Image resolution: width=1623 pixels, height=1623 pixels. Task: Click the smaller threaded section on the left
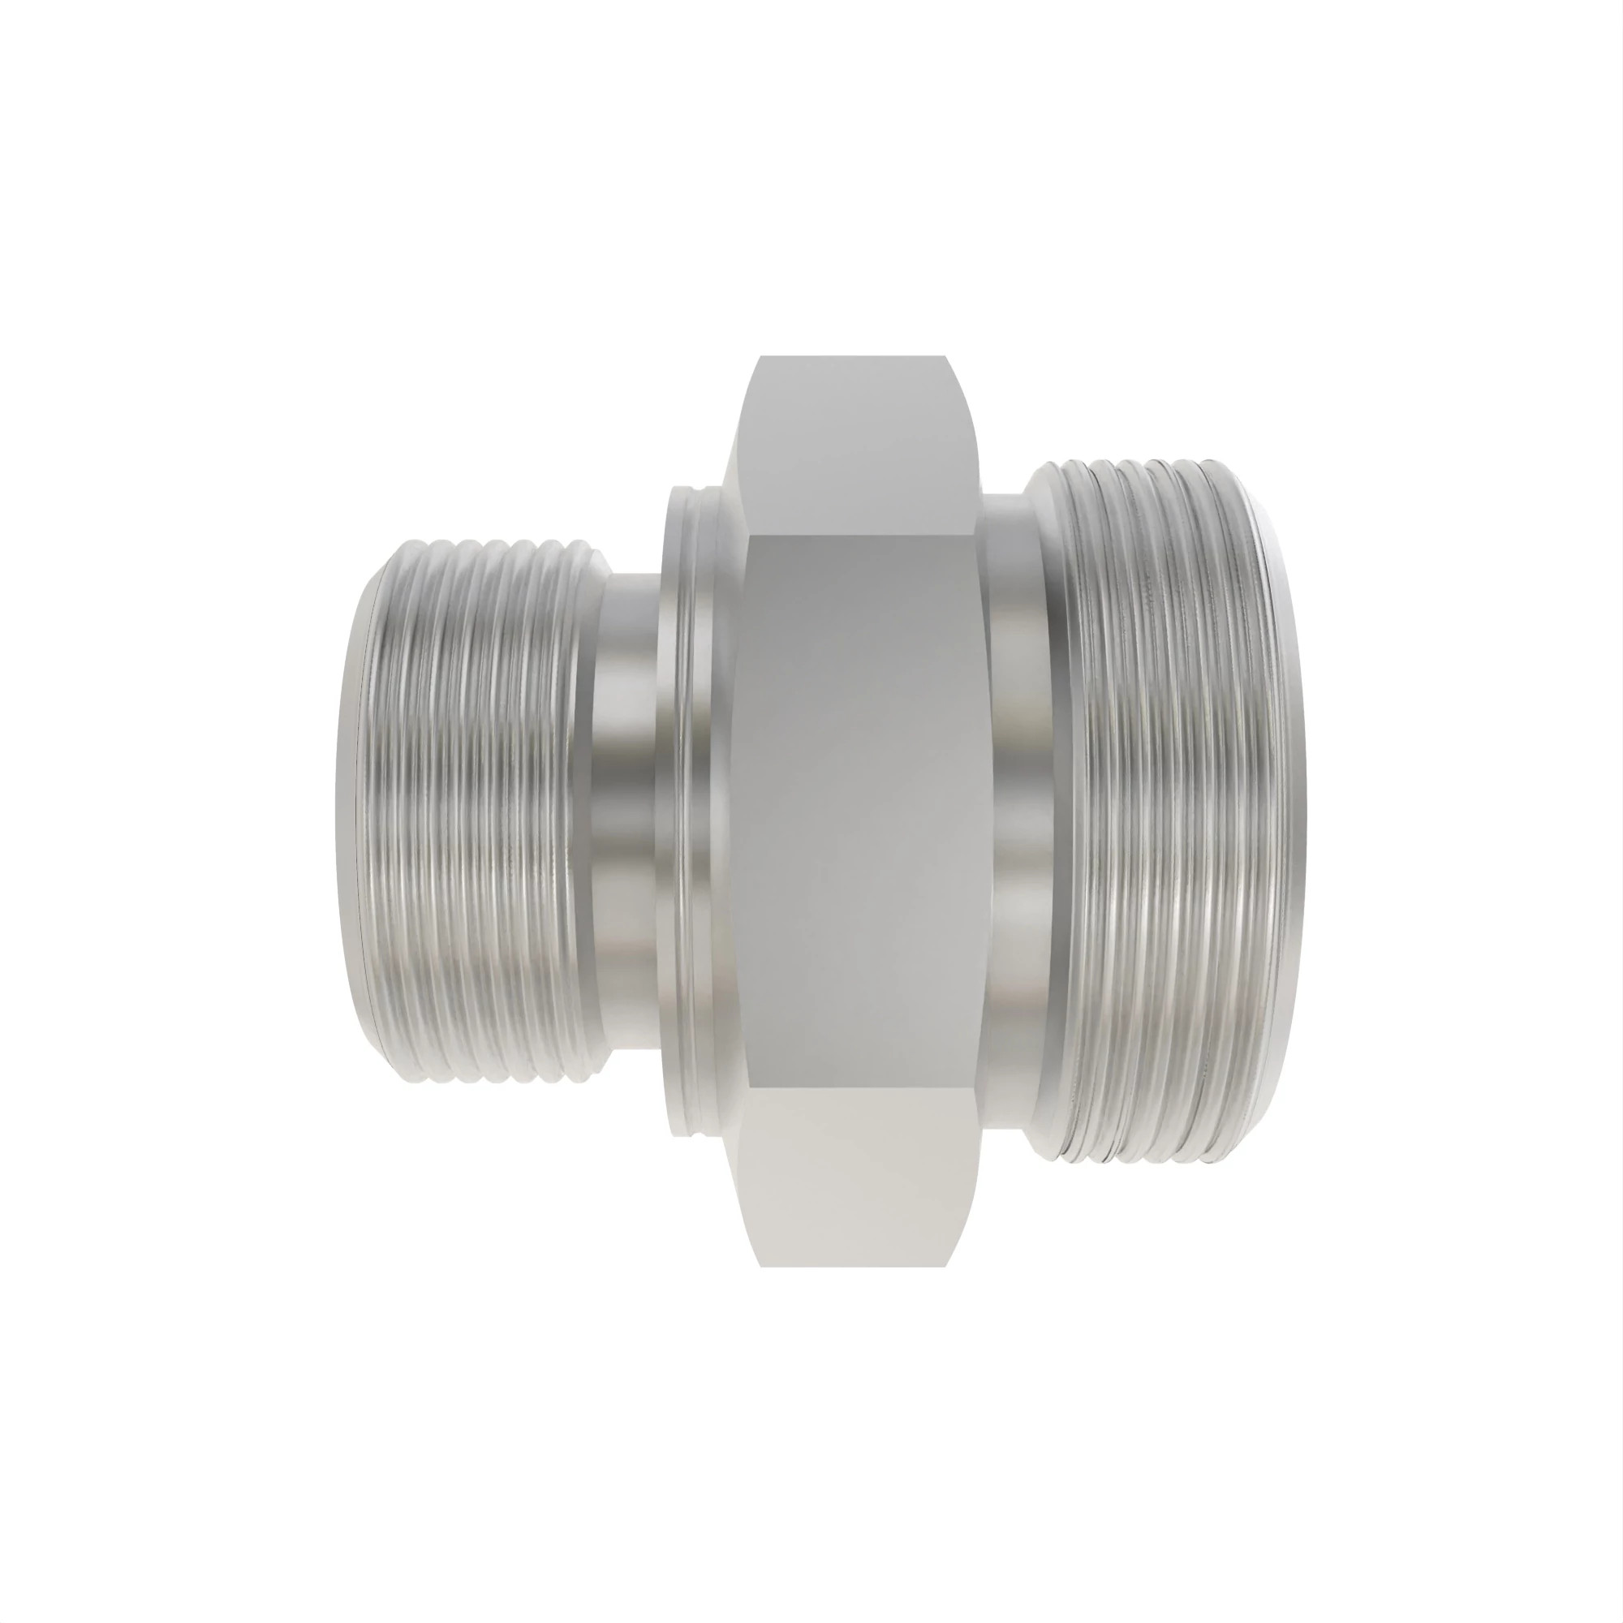pyautogui.click(x=471, y=807)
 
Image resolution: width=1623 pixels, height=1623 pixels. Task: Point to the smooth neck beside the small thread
pyautogui.click(x=626, y=811)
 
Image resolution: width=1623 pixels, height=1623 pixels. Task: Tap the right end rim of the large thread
pyautogui.click(x=1289, y=811)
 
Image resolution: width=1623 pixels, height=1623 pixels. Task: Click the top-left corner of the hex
pyautogui.click(x=760, y=359)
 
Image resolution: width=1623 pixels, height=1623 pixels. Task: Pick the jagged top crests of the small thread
pyautogui.click(x=487, y=542)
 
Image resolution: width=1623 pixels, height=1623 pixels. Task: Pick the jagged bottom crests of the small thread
pyautogui.click(x=487, y=1078)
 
